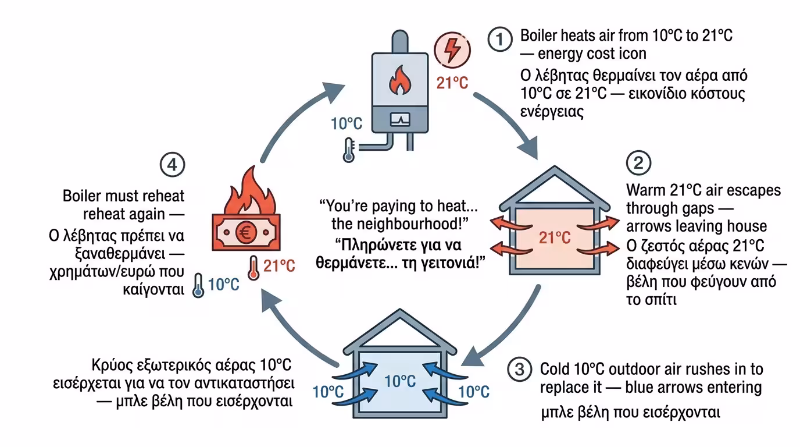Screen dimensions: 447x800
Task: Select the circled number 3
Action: (x=519, y=369)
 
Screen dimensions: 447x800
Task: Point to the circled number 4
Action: (x=172, y=166)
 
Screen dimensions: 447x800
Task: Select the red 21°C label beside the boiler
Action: (x=452, y=83)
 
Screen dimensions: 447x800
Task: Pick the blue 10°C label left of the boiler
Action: (x=347, y=124)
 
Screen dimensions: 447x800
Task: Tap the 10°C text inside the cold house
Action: (x=400, y=382)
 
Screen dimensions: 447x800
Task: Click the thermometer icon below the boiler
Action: (x=349, y=150)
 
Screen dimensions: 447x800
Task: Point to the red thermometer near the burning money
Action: (x=253, y=268)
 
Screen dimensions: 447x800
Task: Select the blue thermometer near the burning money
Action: (x=199, y=286)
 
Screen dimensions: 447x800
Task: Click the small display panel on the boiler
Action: (x=401, y=119)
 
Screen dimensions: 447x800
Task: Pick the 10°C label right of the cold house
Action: (x=474, y=391)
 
